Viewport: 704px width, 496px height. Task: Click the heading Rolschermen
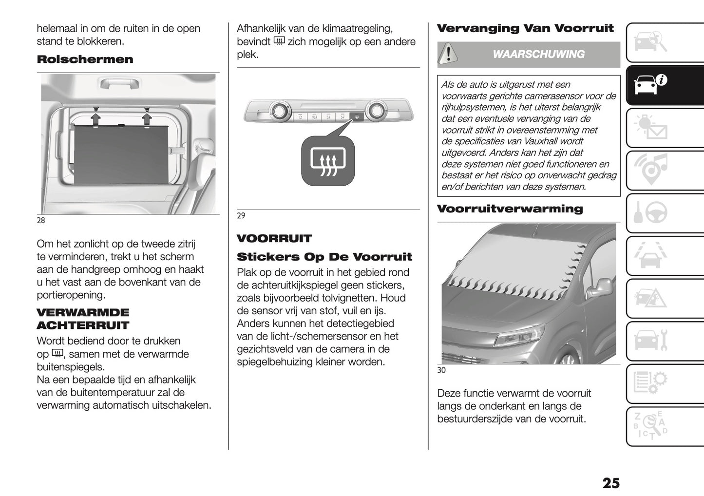click(85, 59)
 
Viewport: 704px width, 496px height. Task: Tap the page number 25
click(611, 483)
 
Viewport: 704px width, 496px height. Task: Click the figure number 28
click(41, 220)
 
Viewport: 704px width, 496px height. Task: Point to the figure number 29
click(241, 216)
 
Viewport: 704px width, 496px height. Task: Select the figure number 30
click(441, 370)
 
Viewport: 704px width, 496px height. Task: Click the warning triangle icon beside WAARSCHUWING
click(448, 54)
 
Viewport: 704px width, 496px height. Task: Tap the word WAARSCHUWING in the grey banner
click(538, 54)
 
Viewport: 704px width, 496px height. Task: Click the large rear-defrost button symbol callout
click(328, 161)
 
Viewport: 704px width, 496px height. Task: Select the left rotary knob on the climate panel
click(280, 111)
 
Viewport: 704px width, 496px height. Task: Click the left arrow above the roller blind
click(96, 118)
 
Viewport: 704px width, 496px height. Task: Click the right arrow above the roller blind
click(146, 118)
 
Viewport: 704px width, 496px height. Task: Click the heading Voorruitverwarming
click(510, 209)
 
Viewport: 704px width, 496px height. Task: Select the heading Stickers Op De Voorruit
click(324, 257)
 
